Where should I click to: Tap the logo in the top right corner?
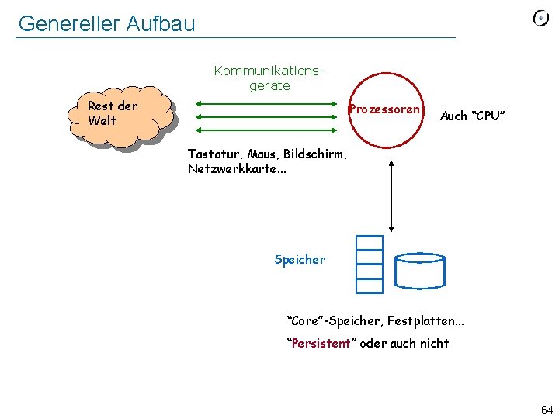coord(540,19)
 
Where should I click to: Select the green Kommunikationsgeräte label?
coord(269,78)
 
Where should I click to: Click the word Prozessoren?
coord(384,109)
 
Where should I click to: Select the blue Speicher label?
coord(300,260)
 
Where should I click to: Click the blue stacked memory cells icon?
coord(370,264)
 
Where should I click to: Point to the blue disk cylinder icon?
coord(419,269)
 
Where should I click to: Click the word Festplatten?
coord(416,320)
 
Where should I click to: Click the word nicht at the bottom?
coord(432,343)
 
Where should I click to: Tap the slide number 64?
coord(546,408)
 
